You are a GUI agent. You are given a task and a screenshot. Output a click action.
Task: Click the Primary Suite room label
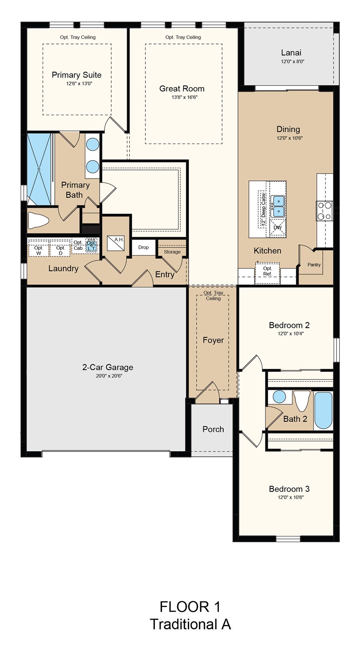[77, 75]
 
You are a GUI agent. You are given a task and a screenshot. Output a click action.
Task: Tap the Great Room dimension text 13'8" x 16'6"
[184, 97]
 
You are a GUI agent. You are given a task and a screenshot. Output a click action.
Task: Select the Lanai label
[291, 53]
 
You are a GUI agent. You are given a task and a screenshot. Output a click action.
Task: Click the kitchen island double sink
[278, 206]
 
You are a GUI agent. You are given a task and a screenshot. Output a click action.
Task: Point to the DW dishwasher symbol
[278, 227]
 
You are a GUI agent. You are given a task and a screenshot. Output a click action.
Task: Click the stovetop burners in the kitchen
[324, 211]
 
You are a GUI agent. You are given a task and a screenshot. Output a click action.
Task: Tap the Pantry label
[314, 265]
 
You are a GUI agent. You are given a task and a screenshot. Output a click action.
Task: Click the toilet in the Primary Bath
[38, 220]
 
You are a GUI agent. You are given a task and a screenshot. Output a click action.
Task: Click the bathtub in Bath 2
[323, 410]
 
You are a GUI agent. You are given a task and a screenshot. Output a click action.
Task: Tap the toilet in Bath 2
[302, 400]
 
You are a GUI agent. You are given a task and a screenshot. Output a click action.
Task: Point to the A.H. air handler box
[116, 243]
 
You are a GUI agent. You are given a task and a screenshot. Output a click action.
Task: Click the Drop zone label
[143, 247]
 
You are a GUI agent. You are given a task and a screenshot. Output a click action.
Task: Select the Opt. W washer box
[39, 248]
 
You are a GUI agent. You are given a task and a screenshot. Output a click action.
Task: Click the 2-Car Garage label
[108, 367]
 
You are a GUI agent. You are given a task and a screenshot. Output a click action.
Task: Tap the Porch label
[213, 429]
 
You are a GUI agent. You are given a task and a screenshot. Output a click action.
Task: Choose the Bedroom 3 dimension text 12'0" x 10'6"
[291, 497]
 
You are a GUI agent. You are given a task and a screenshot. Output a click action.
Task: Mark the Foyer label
[213, 340]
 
